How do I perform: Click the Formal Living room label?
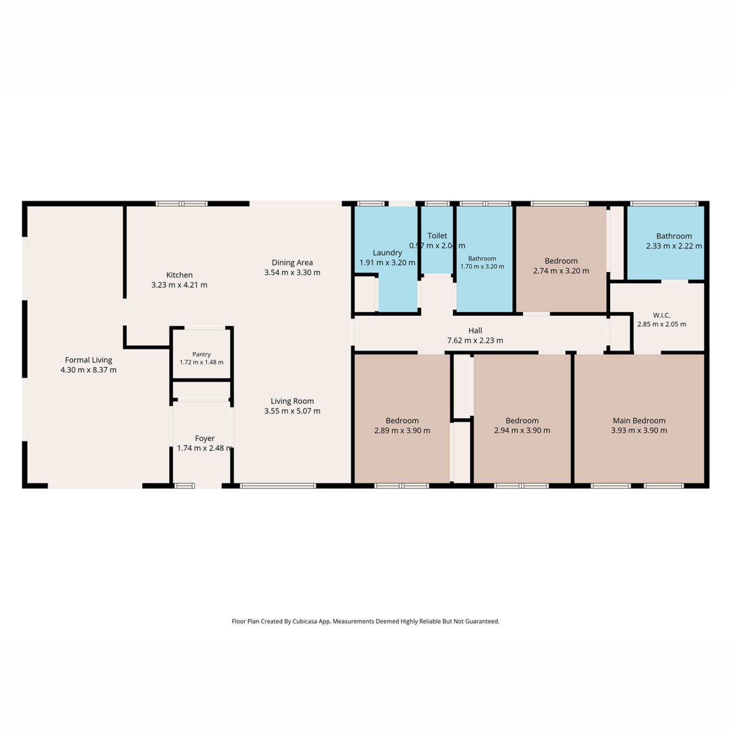(88, 360)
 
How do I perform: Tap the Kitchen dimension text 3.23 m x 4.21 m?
(179, 285)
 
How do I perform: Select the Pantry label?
(202, 355)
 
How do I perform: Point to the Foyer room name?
(205, 439)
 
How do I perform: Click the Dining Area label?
(292, 263)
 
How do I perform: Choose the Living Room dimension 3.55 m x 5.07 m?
(292, 411)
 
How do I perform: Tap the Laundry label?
(387, 253)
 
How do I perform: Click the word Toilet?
(437, 235)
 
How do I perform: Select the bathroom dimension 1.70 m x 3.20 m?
(482, 266)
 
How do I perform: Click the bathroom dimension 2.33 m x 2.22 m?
(674, 246)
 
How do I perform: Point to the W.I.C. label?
(662, 315)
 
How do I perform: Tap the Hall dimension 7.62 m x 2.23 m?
(475, 340)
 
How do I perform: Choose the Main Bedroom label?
(639, 421)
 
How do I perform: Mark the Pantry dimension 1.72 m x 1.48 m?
(202, 362)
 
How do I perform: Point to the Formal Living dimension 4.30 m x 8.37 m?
(88, 370)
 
